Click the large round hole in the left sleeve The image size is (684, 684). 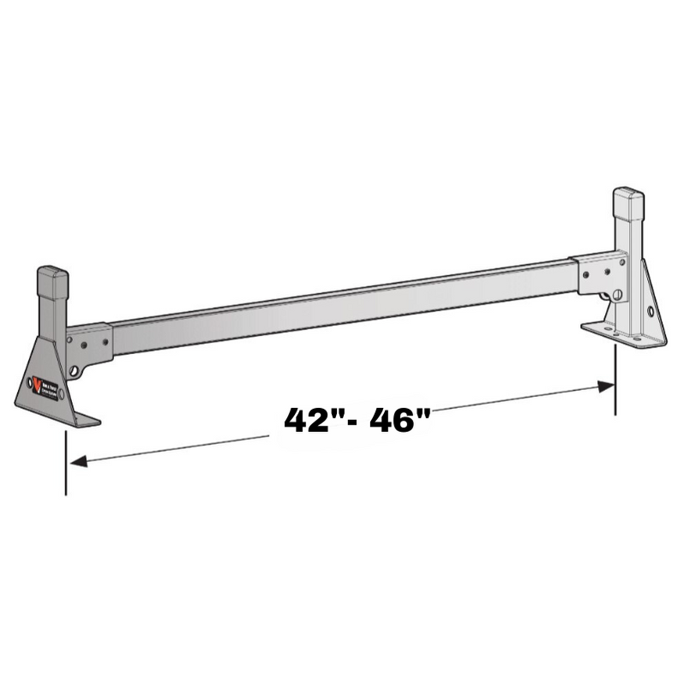pyautogui.click(x=79, y=370)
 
